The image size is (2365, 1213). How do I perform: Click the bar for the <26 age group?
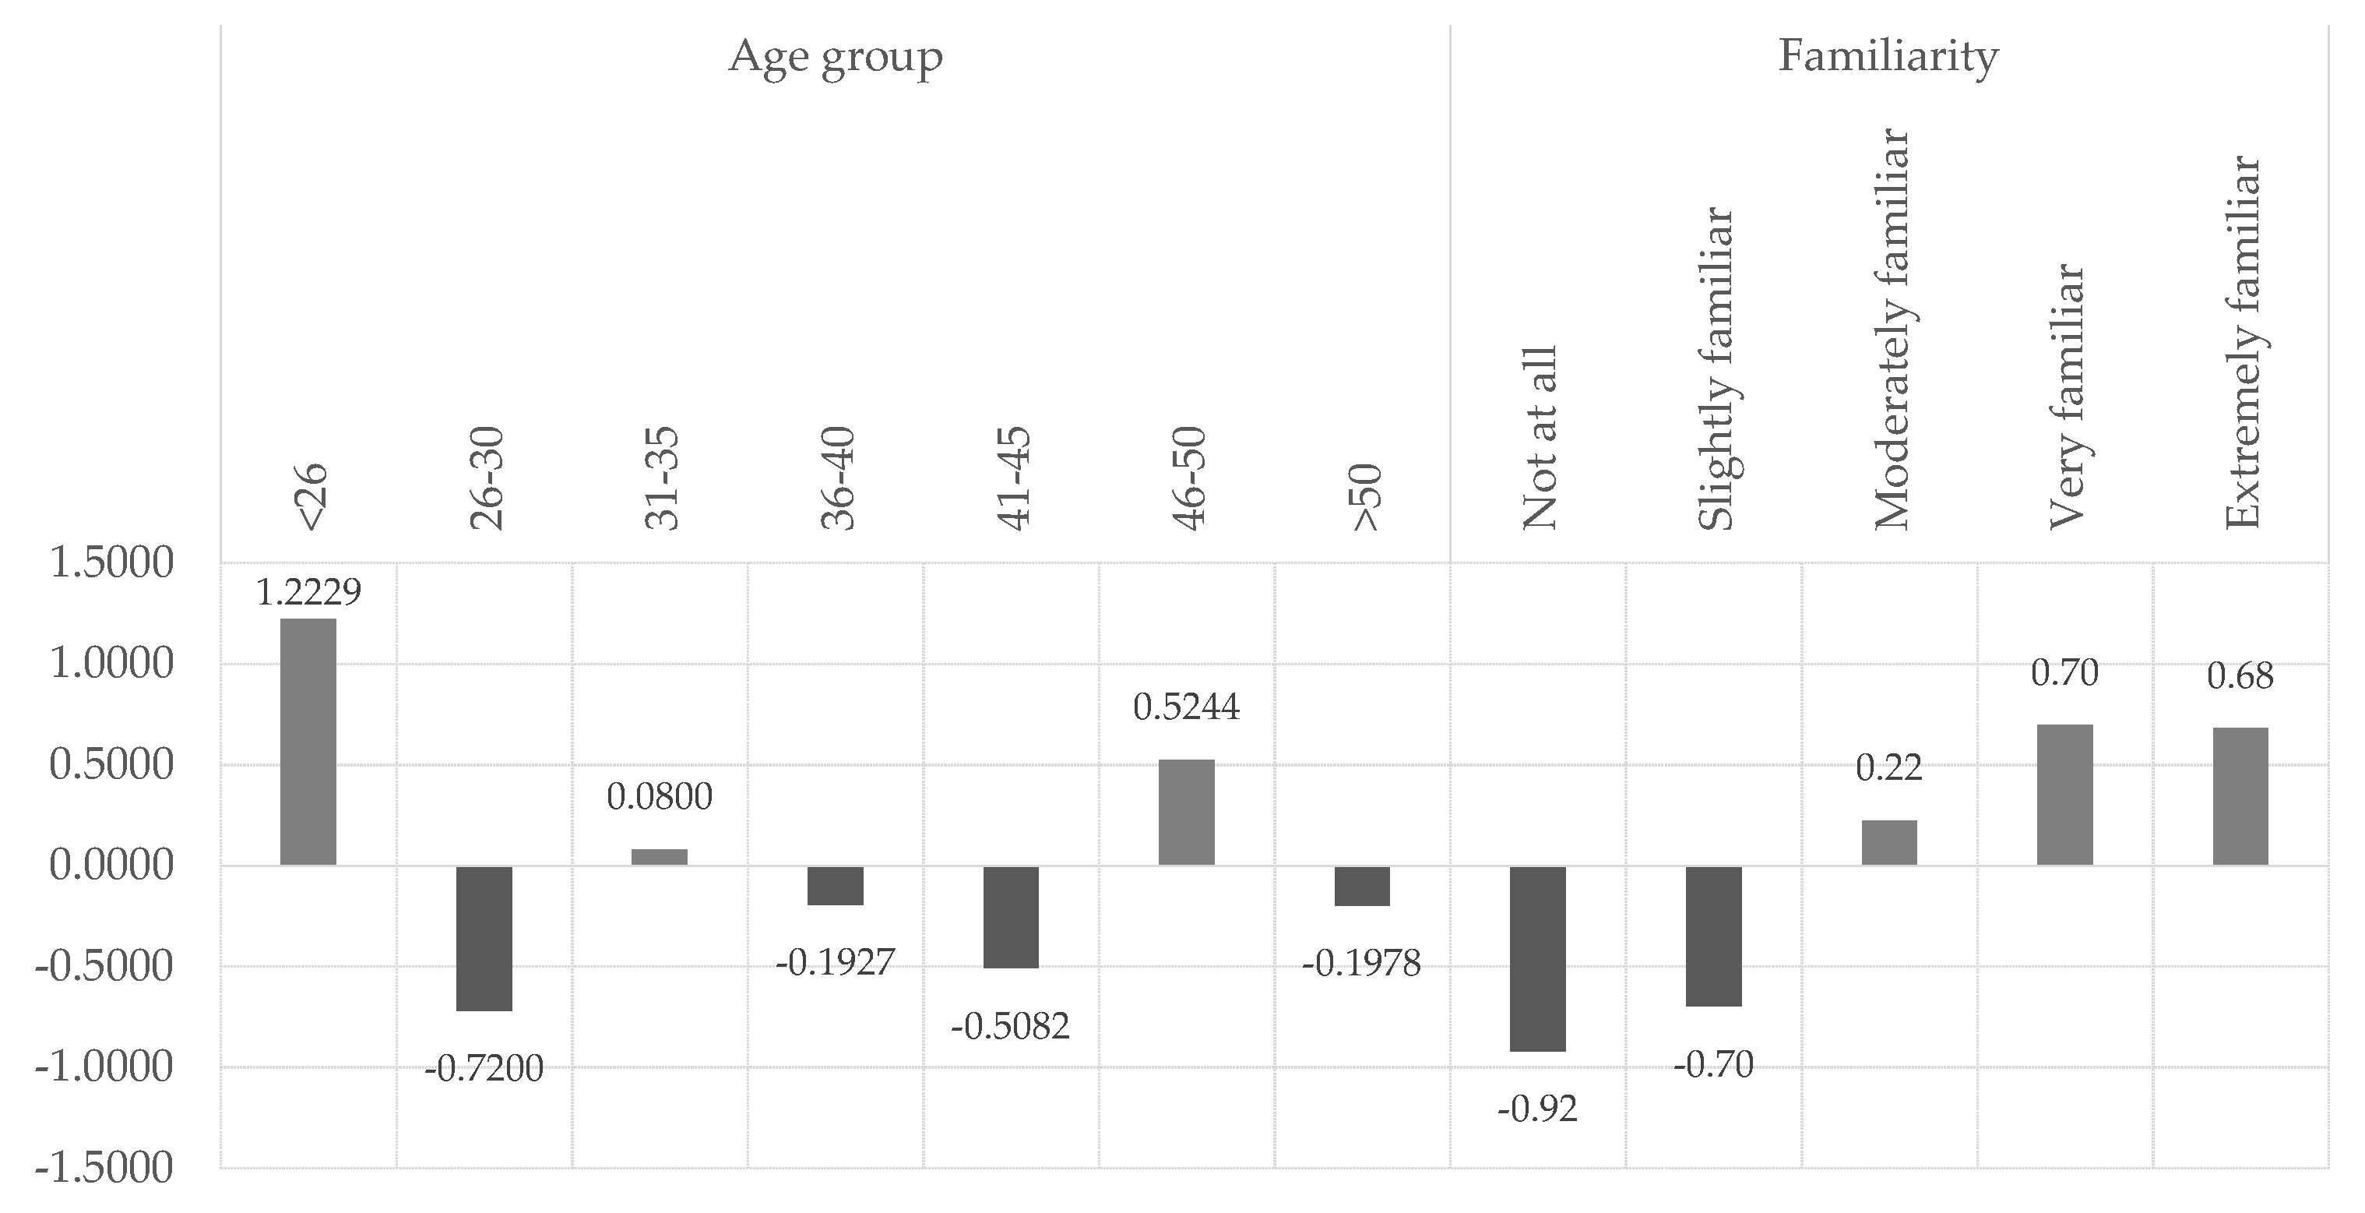tap(308, 741)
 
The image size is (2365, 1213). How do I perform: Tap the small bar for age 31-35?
tap(659, 856)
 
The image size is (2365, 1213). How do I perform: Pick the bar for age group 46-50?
tap(1186, 812)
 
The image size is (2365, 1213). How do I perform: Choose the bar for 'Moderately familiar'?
tap(1889, 842)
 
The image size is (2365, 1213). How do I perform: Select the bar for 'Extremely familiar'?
tap(2240, 795)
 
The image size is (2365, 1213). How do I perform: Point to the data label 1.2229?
tap(308, 593)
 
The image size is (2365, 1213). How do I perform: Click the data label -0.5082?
tap(1010, 1027)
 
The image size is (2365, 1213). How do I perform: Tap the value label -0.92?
tap(1537, 1109)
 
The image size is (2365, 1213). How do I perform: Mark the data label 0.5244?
tap(1186, 707)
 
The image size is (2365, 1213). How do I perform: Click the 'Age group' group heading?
tap(836, 57)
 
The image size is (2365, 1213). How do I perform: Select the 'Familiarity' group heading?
tap(1888, 57)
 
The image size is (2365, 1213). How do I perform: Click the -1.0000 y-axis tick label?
tap(104, 1067)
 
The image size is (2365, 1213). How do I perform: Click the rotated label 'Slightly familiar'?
tap(1715, 370)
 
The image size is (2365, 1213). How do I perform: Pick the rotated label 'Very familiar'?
tap(2066, 397)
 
